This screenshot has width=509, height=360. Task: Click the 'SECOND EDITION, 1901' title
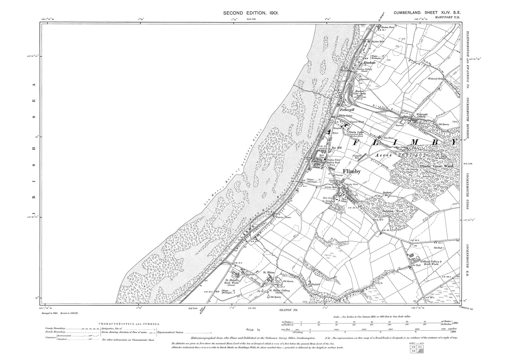click(252, 13)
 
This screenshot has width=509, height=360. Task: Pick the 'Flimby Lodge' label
click(355, 132)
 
